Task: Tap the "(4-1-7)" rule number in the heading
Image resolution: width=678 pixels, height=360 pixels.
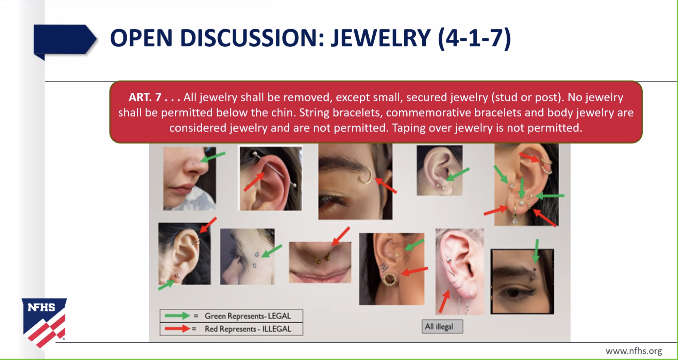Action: click(474, 38)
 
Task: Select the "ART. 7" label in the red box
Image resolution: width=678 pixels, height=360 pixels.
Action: click(145, 97)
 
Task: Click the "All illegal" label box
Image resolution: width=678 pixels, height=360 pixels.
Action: click(442, 327)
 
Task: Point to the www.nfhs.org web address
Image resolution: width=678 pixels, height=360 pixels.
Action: click(634, 351)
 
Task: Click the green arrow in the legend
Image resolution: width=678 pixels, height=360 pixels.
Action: click(177, 316)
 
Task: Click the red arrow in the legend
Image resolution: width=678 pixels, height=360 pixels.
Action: click(177, 329)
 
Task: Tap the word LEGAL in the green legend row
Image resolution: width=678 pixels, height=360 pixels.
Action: click(279, 316)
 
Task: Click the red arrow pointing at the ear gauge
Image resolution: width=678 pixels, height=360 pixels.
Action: click(414, 271)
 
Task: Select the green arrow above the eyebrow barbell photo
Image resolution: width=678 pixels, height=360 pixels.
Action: click(536, 251)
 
